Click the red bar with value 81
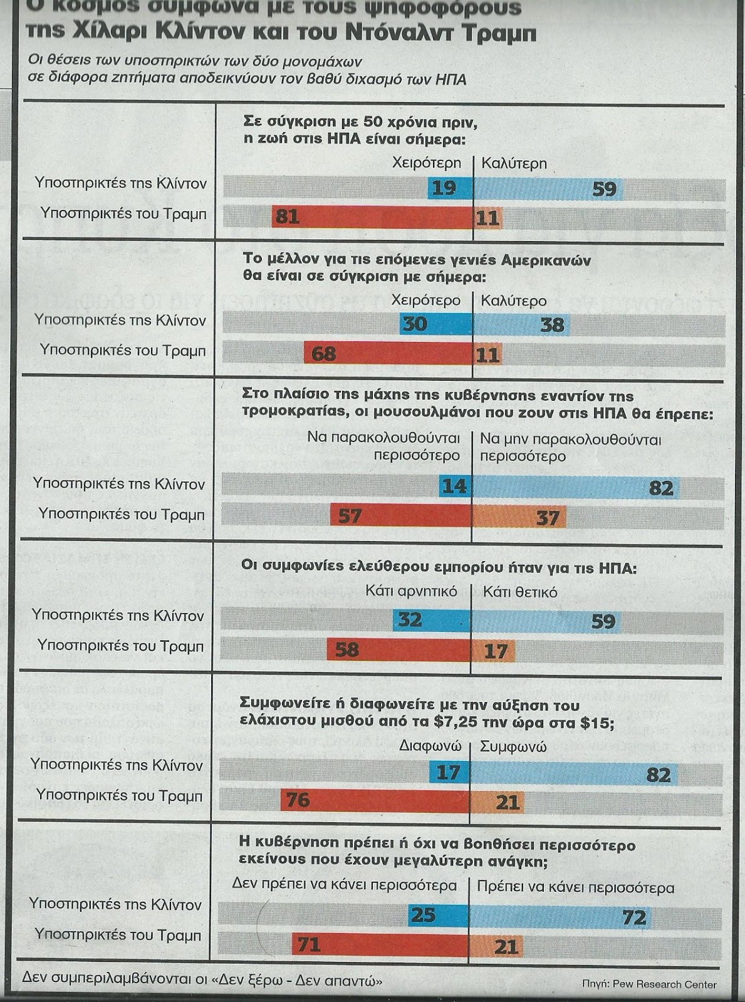pos(372,217)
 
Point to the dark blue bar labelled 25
pos(438,916)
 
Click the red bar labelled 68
pos(388,354)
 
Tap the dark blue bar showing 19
pos(450,188)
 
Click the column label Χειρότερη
pos(427,163)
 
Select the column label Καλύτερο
pos(514,301)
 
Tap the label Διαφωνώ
pos(430,746)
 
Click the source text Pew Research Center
pos(668,984)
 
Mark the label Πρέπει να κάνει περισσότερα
pos(576,887)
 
